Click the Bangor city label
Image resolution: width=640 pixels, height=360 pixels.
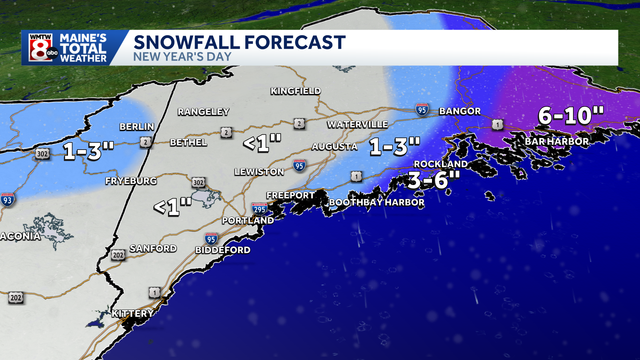460,111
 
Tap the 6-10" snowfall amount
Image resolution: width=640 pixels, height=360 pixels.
571,116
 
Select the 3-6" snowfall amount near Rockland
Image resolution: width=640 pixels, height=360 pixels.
434,180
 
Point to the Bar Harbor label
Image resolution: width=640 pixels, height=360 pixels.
557,141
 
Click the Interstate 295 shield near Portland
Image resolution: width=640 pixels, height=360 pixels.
259,209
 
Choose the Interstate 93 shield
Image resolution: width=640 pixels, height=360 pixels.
7,200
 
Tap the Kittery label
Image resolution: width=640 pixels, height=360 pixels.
132,313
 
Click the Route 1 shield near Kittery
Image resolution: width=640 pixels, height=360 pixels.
154,293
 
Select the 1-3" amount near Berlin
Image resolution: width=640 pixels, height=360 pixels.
88,151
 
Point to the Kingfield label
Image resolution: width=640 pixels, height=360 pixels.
296,91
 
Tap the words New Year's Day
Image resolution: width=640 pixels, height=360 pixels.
182,57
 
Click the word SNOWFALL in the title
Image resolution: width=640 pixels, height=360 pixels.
187,42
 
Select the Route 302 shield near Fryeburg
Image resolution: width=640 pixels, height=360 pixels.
198,182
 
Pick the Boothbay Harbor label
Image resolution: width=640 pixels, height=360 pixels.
377,202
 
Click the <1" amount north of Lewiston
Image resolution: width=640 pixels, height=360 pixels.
262,143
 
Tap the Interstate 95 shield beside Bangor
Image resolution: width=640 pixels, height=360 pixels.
422,110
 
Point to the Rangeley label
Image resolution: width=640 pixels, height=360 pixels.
203,112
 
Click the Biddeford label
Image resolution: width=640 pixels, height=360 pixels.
223,250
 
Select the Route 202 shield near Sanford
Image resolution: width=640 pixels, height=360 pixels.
118,255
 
